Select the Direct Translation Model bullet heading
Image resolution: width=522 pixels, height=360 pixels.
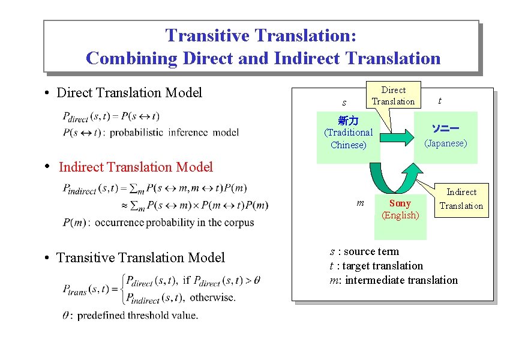click(129, 92)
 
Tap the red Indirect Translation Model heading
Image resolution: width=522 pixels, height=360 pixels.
click(136, 167)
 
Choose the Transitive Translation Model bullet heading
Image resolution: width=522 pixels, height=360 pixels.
click(140, 258)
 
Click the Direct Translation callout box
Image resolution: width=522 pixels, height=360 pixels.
click(393, 95)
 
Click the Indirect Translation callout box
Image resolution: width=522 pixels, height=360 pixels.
click(461, 199)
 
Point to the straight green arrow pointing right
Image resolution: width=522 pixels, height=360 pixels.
click(396, 139)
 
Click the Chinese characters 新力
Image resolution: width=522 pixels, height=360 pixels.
click(348, 121)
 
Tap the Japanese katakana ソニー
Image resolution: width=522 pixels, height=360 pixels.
click(445, 129)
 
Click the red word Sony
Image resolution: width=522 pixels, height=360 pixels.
click(400, 203)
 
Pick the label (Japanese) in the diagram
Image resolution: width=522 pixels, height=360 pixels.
click(445, 143)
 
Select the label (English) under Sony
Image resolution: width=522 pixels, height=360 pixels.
click(400, 215)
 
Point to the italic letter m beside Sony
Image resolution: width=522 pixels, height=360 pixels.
click(360, 203)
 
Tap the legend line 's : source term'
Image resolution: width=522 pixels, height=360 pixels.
click(364, 251)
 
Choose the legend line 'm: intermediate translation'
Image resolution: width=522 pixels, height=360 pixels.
click(394, 280)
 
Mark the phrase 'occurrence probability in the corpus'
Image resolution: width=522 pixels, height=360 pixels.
click(175, 223)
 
